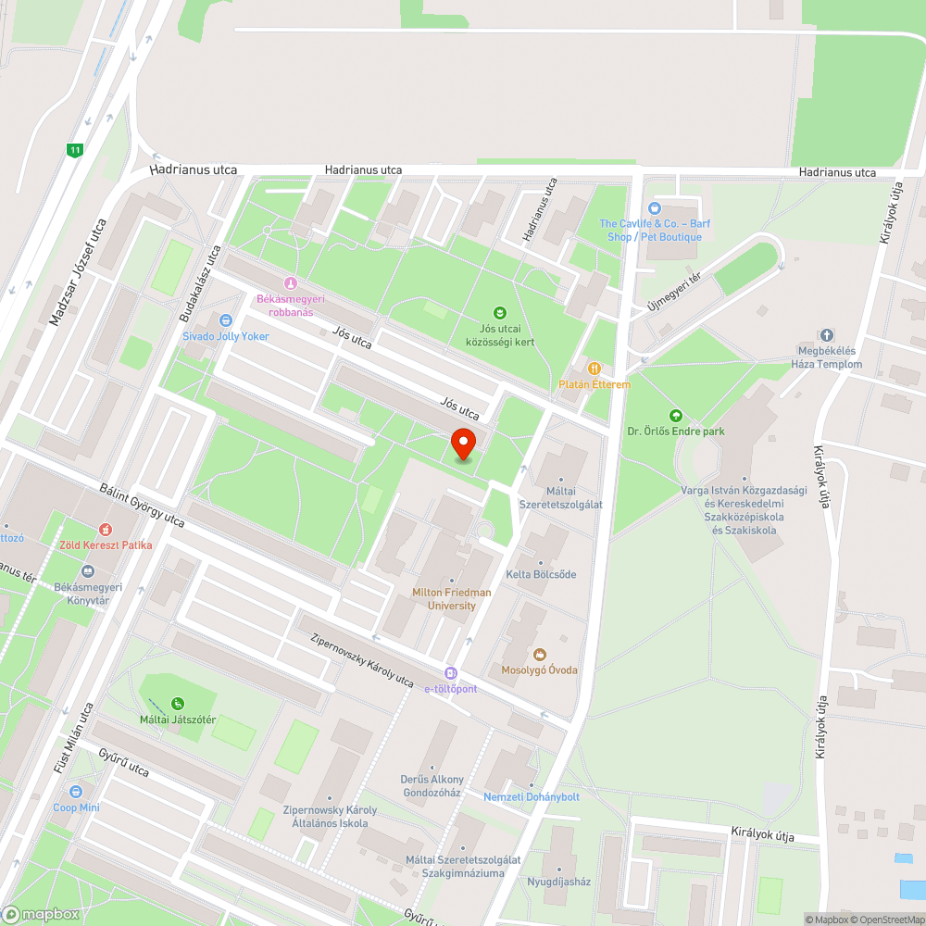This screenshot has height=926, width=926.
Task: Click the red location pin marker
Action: (463, 444)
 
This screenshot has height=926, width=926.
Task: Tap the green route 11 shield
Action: (75, 149)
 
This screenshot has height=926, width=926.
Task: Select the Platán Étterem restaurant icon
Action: (594, 368)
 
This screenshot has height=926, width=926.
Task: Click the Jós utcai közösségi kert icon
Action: (500, 313)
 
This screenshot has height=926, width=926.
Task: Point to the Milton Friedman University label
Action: (453, 598)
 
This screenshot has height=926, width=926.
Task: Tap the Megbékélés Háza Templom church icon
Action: (826, 334)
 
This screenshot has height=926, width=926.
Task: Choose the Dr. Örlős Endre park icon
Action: (675, 416)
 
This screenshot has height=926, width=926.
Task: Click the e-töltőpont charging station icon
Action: (450, 673)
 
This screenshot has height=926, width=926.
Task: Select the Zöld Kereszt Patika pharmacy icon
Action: (105, 530)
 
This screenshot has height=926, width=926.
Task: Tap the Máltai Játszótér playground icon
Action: (177, 703)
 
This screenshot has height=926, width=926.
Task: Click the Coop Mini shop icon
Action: (76, 792)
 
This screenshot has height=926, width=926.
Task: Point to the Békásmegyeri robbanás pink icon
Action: (291, 282)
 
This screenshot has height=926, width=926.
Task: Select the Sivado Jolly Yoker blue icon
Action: (225, 320)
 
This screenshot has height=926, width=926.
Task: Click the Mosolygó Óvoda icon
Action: (540, 654)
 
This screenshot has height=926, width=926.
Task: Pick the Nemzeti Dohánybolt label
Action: (532, 796)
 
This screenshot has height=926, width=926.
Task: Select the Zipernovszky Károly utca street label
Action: (363, 660)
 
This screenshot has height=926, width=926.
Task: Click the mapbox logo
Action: (41, 914)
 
